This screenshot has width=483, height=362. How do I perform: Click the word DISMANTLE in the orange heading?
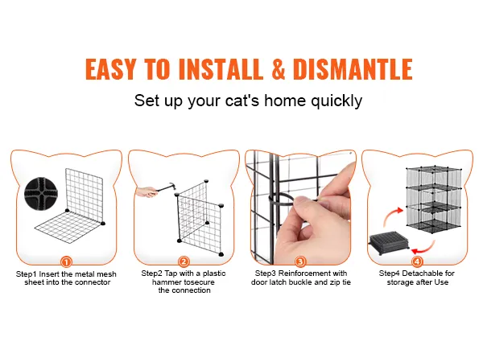(353, 68)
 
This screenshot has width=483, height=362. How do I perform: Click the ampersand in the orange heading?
(279, 68)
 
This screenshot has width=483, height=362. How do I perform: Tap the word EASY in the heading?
(110, 68)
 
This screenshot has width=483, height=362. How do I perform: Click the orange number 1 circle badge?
(66, 262)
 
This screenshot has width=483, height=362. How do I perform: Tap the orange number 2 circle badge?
(184, 261)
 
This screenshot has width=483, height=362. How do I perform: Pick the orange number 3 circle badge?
(300, 261)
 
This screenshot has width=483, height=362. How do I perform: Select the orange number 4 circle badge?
(417, 261)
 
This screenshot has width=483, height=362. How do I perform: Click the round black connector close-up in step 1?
(41, 193)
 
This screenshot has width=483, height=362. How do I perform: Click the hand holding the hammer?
(147, 191)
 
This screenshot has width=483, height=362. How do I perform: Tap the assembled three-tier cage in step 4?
(435, 200)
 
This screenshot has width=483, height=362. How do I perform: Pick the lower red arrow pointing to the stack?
(424, 247)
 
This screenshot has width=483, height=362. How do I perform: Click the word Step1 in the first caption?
(27, 274)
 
